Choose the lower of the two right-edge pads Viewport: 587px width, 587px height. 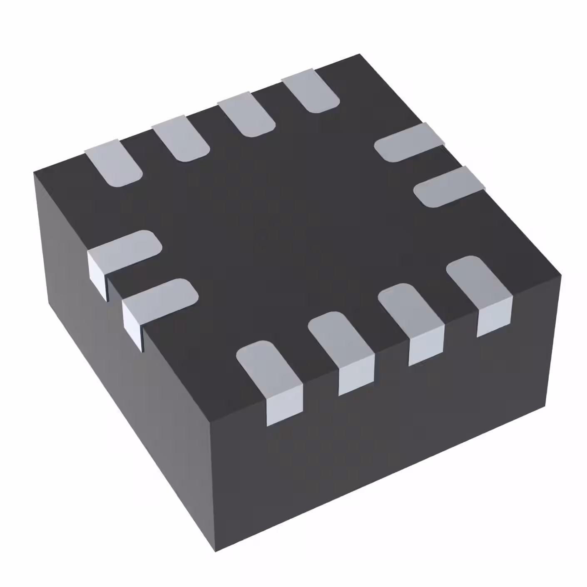tap(448, 187)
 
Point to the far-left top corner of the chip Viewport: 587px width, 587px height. tap(34, 171)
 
